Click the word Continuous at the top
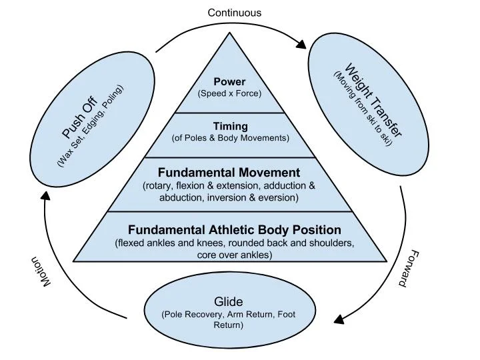tap(235, 13)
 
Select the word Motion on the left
tap(39, 273)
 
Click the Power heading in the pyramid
tap(229, 82)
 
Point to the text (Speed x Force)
tap(229, 93)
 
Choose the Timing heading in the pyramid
tap(230, 126)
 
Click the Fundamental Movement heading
tap(229, 173)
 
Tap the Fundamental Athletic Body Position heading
tap(235, 230)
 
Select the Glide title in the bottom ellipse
tap(229, 302)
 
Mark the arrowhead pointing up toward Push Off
tap(45, 195)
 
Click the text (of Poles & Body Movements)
tap(230, 138)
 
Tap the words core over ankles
tap(235, 255)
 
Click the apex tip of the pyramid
tap(229, 33)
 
